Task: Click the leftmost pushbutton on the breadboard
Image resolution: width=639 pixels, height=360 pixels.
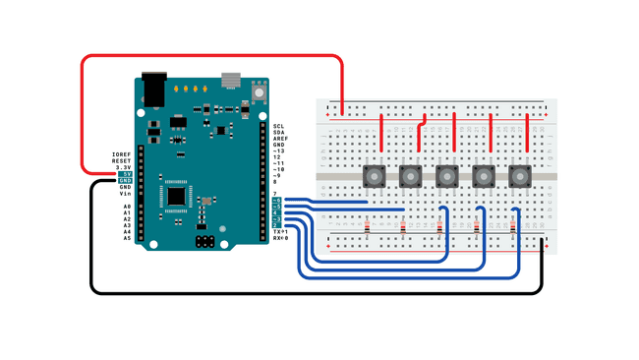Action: coord(374,177)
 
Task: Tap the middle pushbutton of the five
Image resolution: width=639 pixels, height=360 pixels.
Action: coord(446,177)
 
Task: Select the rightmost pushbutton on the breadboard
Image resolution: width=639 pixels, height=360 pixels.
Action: coord(520,177)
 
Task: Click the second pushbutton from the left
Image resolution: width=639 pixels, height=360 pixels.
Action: coord(410,177)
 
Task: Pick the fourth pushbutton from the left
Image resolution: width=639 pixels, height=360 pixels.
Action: coord(484,177)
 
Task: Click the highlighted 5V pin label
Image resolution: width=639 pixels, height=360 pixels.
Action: coord(125,174)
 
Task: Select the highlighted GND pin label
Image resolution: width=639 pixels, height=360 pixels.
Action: coord(125,181)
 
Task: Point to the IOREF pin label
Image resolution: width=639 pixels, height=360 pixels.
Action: coord(121,154)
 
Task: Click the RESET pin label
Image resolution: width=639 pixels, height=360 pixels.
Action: coord(121,161)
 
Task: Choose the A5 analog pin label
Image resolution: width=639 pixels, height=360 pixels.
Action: coord(127,238)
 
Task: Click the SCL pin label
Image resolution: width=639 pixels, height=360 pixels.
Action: coord(278,127)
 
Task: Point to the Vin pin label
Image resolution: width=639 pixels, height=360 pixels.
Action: coord(125,194)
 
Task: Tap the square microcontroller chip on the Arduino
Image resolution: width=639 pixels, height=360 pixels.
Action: coord(177,195)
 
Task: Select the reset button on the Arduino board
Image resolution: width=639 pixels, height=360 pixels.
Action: coord(259,91)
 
